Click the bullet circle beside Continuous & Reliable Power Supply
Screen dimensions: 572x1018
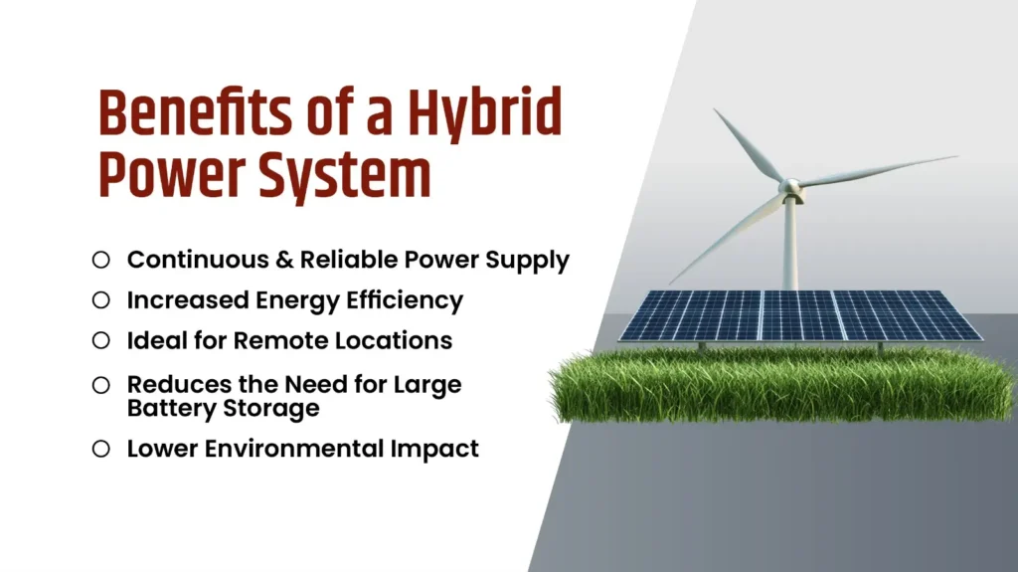100,261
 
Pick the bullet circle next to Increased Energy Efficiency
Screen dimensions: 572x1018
100,299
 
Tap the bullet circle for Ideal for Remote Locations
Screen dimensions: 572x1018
100,340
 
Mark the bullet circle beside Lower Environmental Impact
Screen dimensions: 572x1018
100,449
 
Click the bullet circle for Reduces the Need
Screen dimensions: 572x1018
100,384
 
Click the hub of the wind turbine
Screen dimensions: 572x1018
789,187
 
